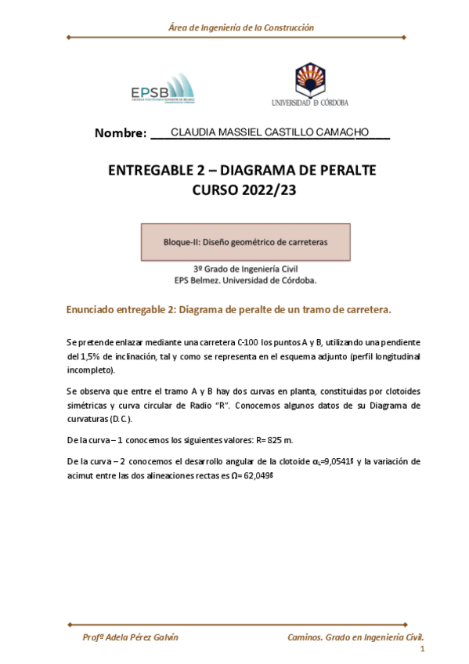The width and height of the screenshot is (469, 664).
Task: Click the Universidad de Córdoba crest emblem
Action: click(309, 81)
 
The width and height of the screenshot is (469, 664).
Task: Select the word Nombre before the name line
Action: click(120, 133)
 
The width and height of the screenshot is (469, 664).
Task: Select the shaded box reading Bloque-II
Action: click(245, 242)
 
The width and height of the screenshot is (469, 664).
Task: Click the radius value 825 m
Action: click(277, 440)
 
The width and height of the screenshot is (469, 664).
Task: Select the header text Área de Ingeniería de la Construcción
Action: click(240, 27)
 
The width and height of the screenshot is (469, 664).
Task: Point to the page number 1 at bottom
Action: click(422, 651)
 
